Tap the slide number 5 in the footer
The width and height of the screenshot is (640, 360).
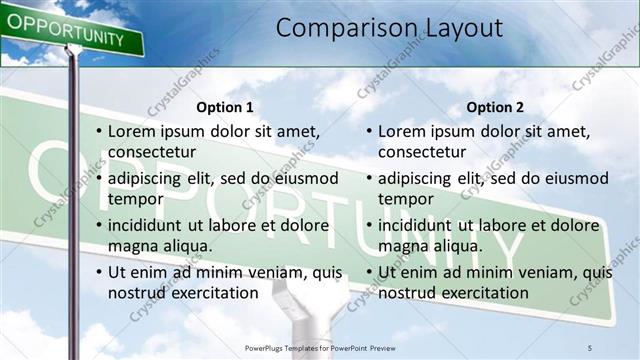(x=590, y=347)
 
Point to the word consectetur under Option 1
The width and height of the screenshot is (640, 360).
(x=152, y=152)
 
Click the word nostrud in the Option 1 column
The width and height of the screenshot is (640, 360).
(x=138, y=293)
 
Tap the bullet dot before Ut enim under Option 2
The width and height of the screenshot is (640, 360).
(x=368, y=273)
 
